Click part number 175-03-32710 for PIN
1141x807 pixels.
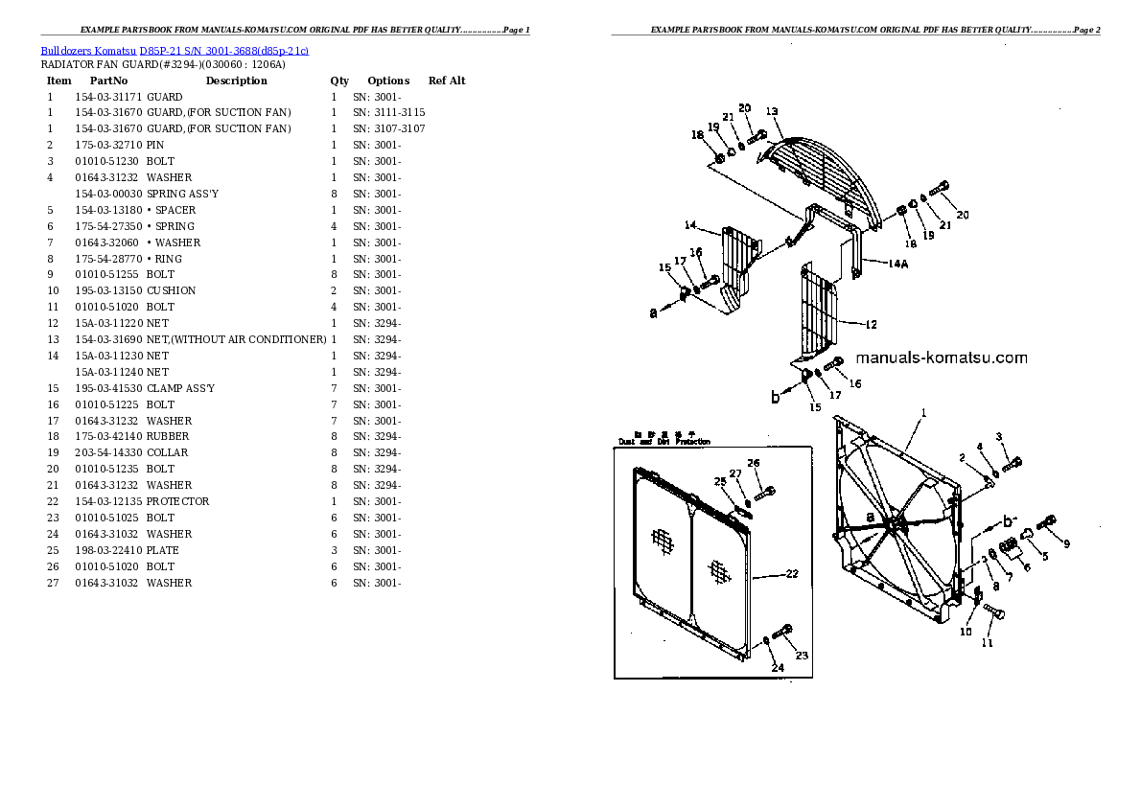[108, 145]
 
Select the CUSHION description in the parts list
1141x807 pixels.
[171, 290]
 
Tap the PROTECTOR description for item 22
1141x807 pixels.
[177, 501]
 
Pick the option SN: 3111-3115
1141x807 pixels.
[388, 112]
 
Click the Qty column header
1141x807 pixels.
[339, 81]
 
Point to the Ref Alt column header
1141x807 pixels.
[447, 81]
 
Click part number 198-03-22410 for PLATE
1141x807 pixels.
[108, 550]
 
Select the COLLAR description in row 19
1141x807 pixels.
[167, 452]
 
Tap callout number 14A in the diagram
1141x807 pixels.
[897, 263]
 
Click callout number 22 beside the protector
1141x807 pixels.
[791, 575]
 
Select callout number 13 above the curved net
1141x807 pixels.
[771, 111]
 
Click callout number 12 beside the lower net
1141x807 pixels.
[870, 325]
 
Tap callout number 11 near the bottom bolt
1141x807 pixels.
[987, 643]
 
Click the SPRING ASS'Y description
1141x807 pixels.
[182, 194]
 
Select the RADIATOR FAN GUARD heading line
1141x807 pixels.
[163, 64]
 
